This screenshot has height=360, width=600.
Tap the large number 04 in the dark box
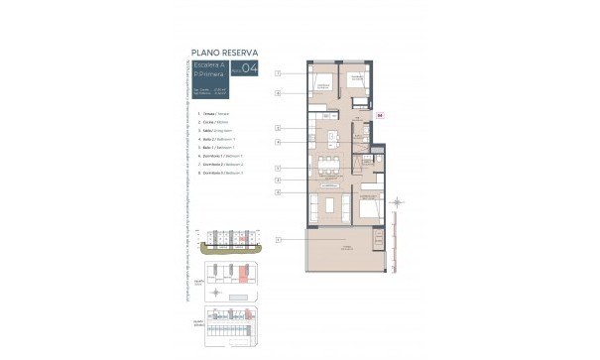pyautogui.click(x=235, y=69)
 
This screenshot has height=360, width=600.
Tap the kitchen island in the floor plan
pyautogui.click(x=326, y=138)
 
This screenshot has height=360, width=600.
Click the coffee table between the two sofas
pyautogui.click(x=327, y=206)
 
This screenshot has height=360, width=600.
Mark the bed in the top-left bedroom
pyautogui.click(x=323, y=83)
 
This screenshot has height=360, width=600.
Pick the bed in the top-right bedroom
pyautogui.click(x=358, y=83)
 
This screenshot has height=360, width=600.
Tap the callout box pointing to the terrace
pyautogui.click(x=279, y=240)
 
